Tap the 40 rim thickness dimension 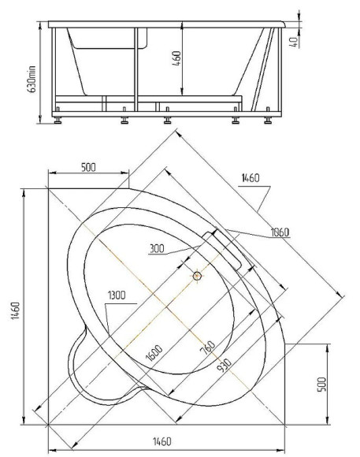click(293, 39)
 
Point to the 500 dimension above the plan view click(88, 167)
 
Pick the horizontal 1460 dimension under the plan click(164, 441)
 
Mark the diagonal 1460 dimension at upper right click(250, 179)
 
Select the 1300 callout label click(116, 295)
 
